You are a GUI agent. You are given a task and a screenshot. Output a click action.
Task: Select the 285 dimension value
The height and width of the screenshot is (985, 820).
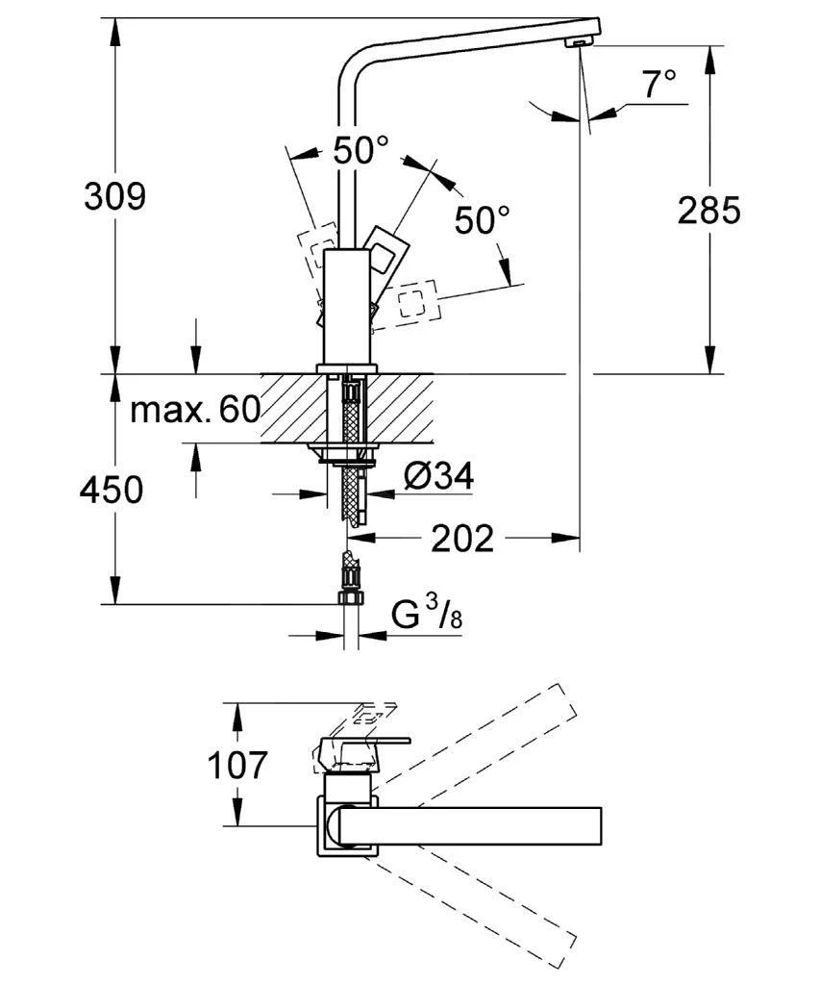(x=709, y=210)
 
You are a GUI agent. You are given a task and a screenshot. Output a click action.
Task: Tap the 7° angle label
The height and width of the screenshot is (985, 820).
(x=659, y=85)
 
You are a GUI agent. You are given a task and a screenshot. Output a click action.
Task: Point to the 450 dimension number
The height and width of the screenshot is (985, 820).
(x=112, y=491)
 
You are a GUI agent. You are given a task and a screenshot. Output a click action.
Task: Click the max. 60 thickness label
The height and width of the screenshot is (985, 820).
(x=195, y=411)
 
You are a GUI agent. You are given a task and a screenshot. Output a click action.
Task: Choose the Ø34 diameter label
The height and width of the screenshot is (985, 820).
(x=438, y=477)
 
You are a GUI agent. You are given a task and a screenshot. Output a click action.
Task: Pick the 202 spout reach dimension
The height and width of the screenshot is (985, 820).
(x=461, y=539)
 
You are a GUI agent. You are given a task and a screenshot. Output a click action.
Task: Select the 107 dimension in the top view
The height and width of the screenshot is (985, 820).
(x=237, y=766)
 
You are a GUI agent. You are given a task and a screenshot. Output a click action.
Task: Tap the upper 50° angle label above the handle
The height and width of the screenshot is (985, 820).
(x=360, y=150)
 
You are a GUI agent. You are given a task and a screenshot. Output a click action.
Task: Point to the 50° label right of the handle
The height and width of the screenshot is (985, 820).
(x=482, y=220)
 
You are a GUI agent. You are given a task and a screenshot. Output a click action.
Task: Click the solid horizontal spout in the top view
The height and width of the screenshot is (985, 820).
(x=471, y=825)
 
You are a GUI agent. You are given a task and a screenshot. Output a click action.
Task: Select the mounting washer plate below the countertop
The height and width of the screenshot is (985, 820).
(x=341, y=450)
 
